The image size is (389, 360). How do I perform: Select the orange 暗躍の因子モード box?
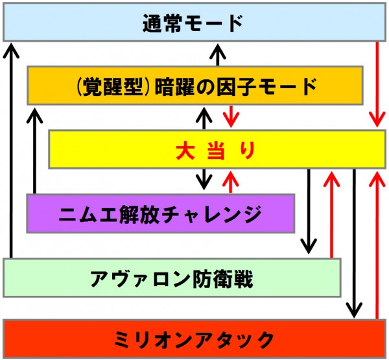click(x=194, y=85)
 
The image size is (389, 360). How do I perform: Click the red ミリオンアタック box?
click(x=194, y=338)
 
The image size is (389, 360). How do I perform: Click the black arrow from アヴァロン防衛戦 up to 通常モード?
click(x=10, y=149)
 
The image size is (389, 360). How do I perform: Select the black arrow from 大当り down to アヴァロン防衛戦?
click(x=309, y=211)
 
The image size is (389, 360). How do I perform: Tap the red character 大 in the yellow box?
click(x=185, y=150)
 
